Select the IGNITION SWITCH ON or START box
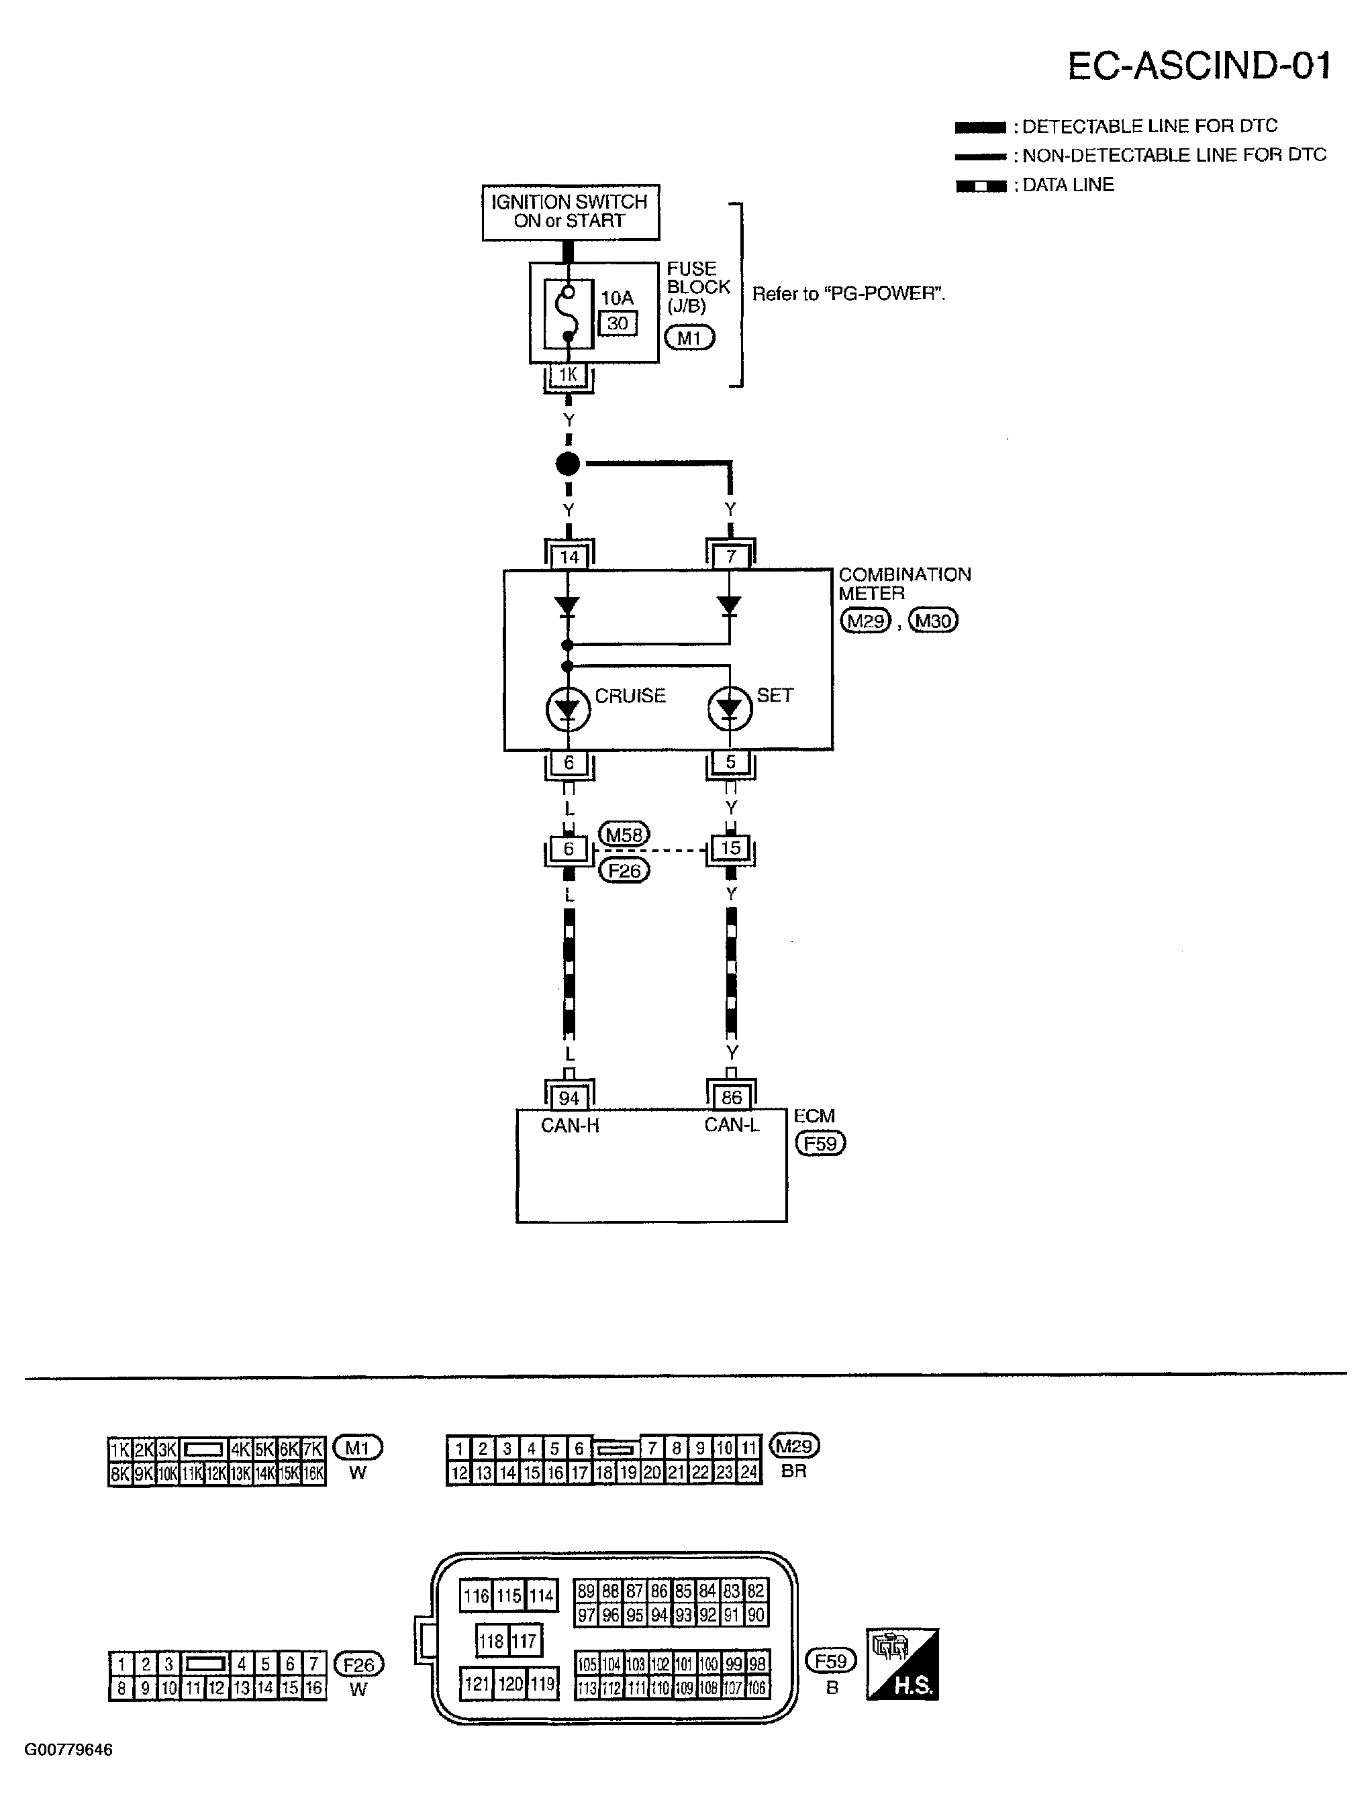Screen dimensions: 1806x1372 click(x=570, y=211)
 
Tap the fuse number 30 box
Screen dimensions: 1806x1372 click(x=618, y=323)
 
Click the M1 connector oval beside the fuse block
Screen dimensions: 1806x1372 click(x=689, y=337)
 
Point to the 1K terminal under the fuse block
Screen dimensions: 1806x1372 click(x=569, y=376)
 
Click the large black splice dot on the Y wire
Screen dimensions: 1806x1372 click(x=568, y=464)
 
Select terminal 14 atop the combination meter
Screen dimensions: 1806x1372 click(x=569, y=557)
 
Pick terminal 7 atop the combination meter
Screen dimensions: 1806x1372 click(x=731, y=557)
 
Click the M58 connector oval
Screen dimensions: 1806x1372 click(x=625, y=835)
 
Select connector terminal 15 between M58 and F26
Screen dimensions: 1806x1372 click(x=730, y=848)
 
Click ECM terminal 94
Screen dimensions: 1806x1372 click(x=569, y=1098)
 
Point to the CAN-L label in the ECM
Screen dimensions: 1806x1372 click(x=732, y=1125)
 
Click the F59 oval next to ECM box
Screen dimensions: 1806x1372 click(x=821, y=1143)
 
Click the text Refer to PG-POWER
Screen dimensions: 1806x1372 click(x=848, y=294)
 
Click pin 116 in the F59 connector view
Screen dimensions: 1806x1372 click(x=475, y=1595)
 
